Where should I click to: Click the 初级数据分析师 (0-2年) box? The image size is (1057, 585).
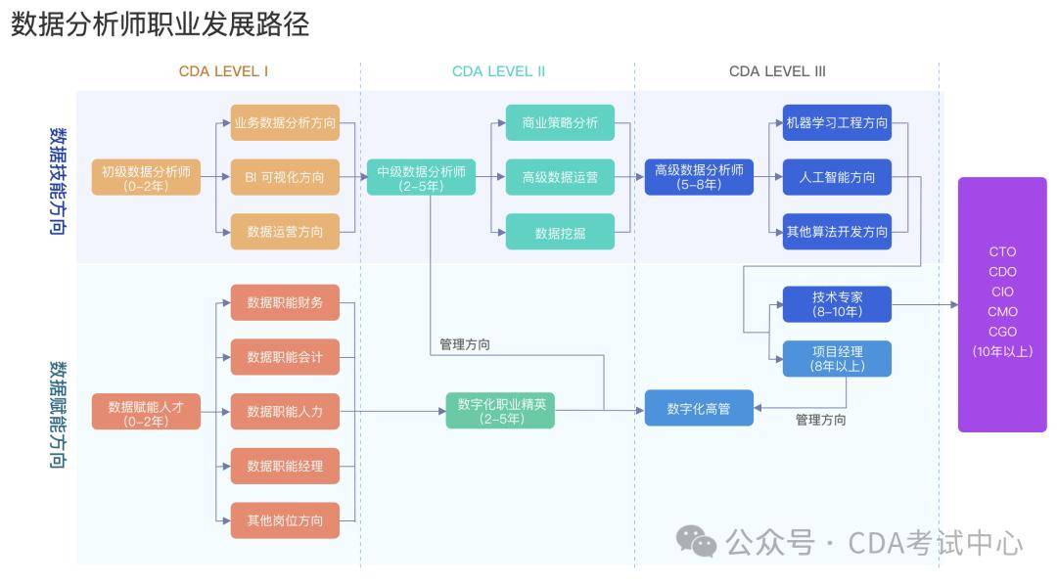point(146,177)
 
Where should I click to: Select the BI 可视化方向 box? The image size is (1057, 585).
point(285,177)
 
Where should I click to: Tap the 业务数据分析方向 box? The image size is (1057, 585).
point(285,122)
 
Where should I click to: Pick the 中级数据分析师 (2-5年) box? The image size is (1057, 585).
point(421,177)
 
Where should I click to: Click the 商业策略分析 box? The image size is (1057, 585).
point(560,122)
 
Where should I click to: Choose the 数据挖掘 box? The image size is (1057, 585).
point(560,232)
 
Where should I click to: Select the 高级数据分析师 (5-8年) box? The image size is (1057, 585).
point(699,177)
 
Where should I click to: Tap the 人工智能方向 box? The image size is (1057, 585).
point(837,177)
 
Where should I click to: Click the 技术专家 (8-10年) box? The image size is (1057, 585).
point(837,304)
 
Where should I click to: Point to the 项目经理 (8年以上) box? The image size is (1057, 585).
point(837,359)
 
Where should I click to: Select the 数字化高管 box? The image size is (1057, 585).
point(699,408)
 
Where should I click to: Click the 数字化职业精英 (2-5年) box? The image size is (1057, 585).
point(500,411)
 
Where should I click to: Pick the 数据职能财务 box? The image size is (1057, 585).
point(285,302)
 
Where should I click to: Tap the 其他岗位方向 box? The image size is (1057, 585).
point(285,520)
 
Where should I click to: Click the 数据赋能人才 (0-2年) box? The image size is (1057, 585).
point(146,412)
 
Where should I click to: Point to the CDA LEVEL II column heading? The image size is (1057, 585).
point(499,71)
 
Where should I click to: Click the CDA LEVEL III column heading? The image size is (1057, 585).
point(777,71)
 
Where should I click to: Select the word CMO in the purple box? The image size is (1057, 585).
point(1002,312)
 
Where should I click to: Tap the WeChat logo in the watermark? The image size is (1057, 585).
point(697,542)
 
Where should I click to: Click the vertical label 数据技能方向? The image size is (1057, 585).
point(58,181)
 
